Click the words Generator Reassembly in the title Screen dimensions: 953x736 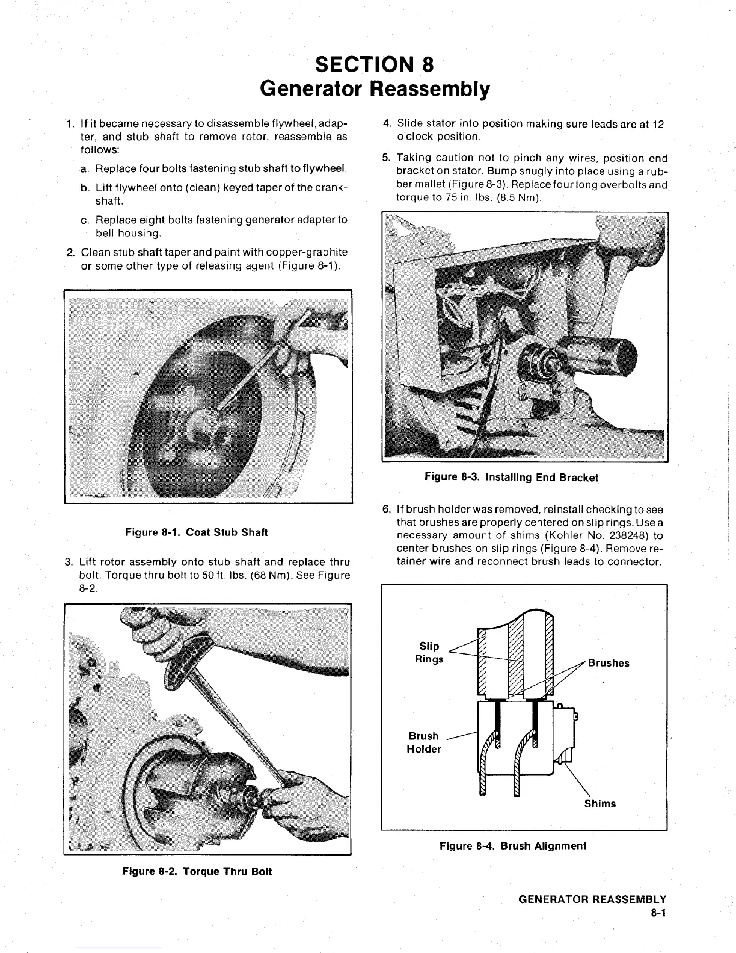pos(374,89)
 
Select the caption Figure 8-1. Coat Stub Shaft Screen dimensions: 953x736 pos(196,532)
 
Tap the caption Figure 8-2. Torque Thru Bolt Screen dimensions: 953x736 pos(197,871)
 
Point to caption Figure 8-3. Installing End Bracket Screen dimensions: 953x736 pos(511,478)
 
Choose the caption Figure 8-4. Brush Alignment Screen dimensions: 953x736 pos(512,846)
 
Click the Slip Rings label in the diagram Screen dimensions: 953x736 pos(429,653)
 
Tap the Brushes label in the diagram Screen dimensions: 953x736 pos(609,663)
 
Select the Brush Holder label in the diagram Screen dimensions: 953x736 pos(424,742)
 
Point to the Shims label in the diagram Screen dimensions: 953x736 pos(600,804)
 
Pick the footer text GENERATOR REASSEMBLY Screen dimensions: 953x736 pos(592,900)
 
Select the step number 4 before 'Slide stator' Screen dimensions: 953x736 pos(386,124)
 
